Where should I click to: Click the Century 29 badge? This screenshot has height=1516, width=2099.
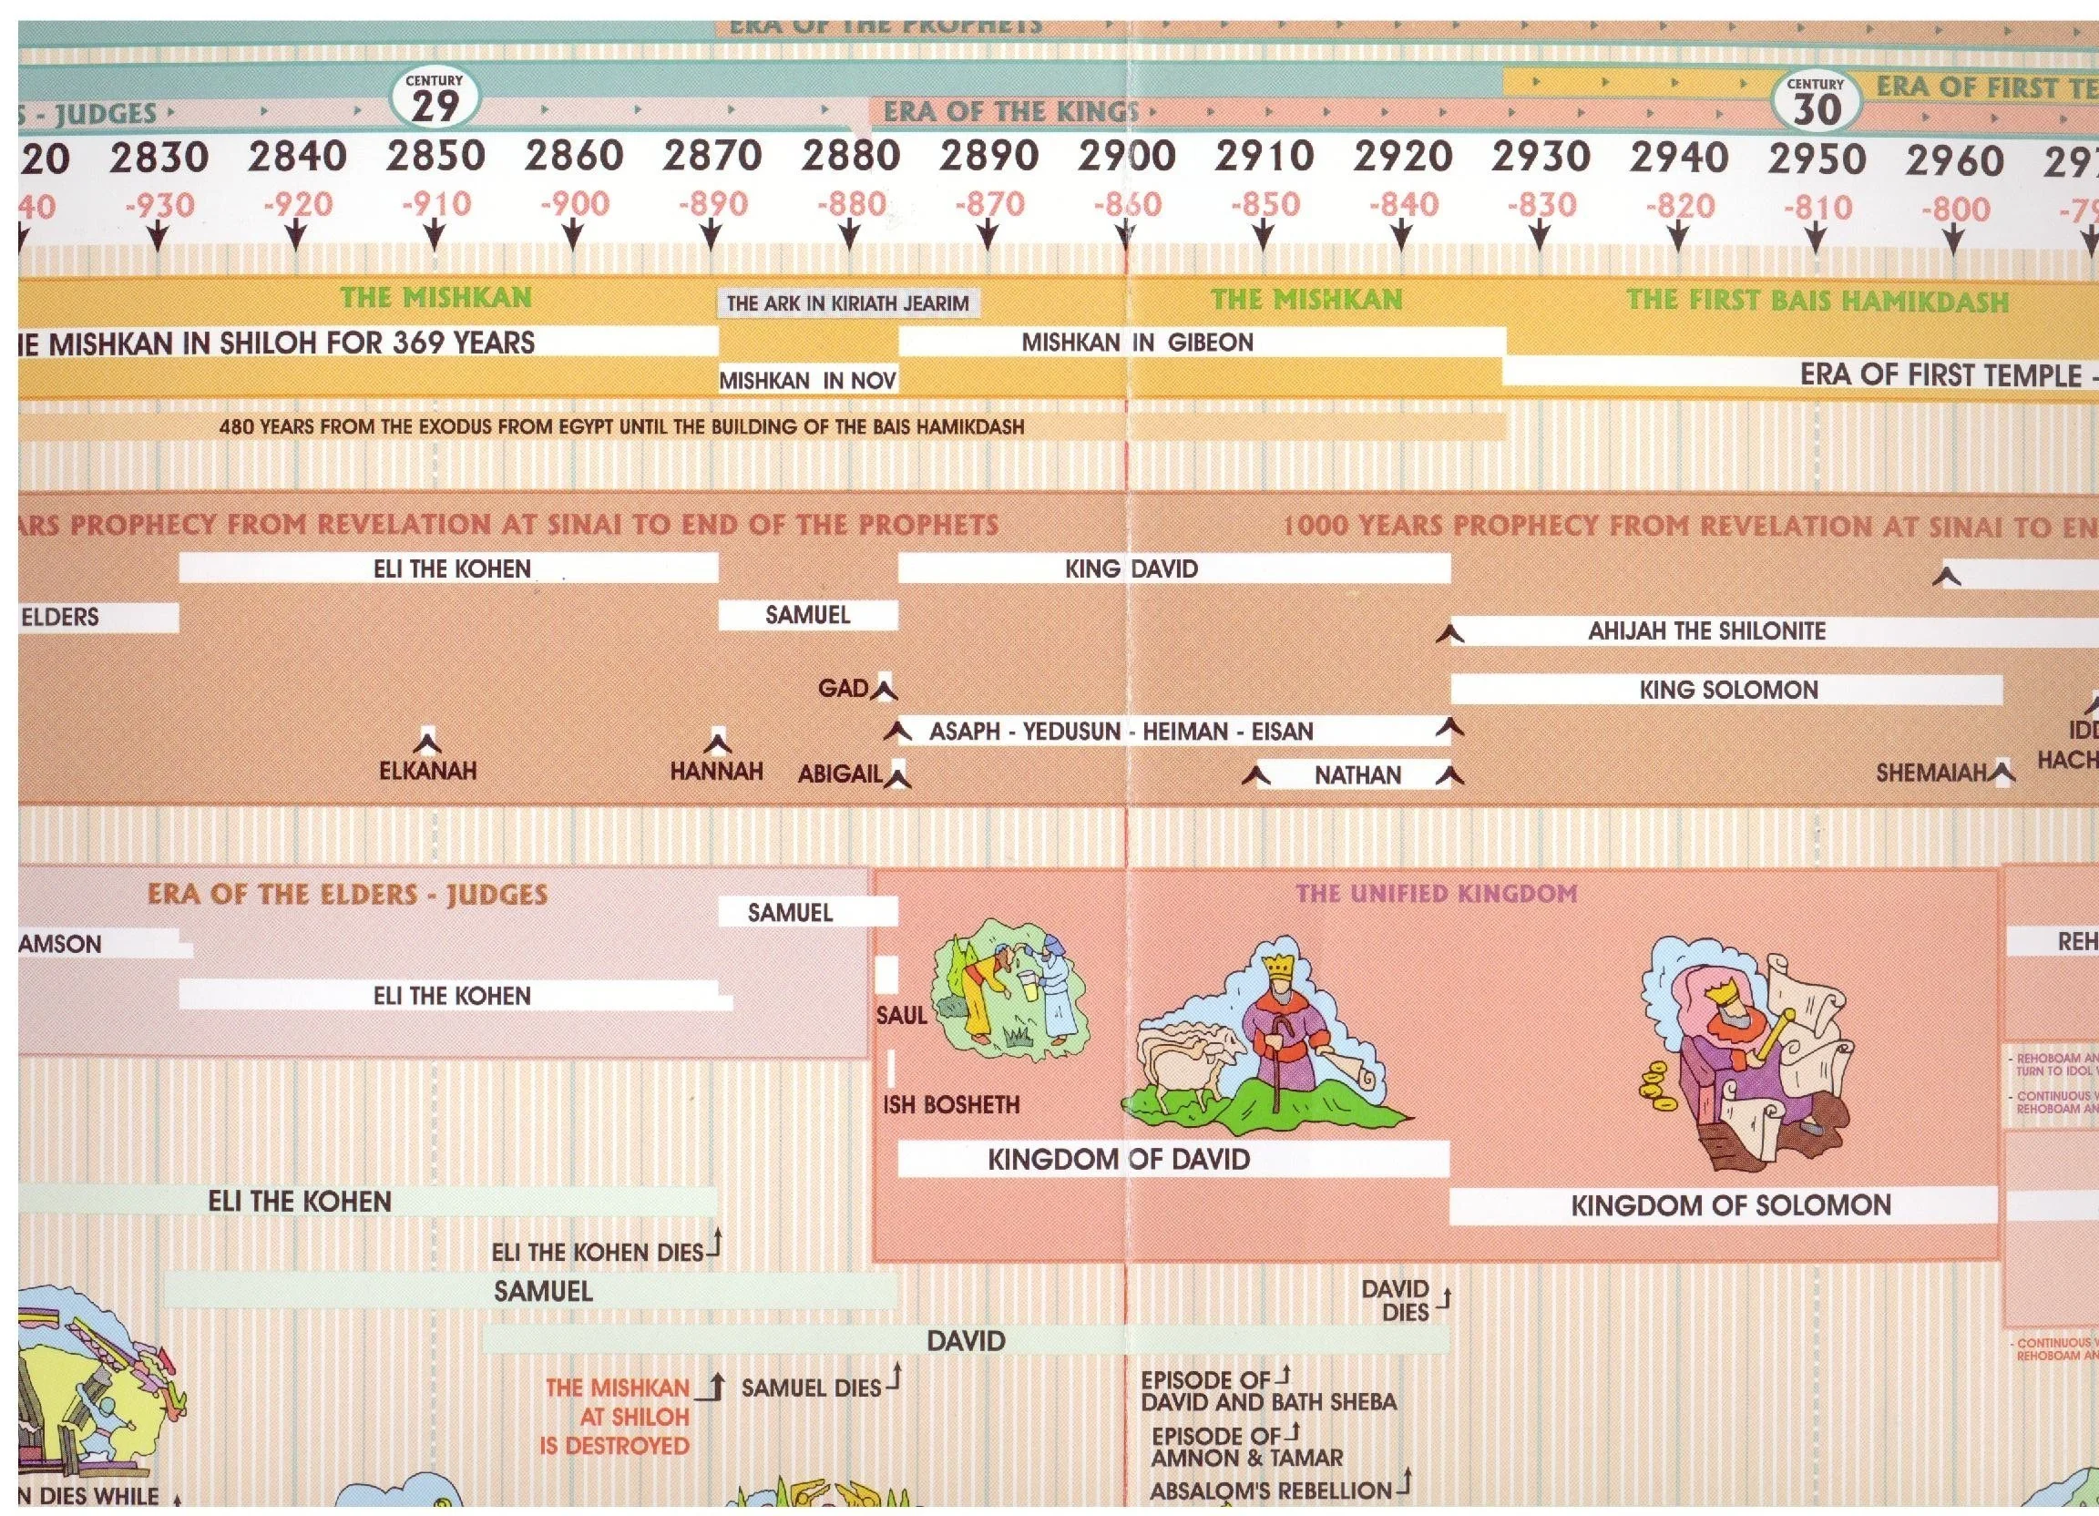(434, 99)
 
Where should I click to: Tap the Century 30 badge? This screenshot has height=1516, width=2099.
(1816, 103)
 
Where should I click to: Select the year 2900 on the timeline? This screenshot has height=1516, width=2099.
(1125, 158)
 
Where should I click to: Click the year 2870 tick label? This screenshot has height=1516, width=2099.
(712, 157)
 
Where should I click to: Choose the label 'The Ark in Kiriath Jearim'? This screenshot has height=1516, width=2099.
(847, 302)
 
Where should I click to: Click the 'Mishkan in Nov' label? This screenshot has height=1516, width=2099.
(808, 380)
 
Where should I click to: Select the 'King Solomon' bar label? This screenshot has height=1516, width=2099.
(1728, 690)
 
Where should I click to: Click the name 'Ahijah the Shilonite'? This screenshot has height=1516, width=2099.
(1706, 631)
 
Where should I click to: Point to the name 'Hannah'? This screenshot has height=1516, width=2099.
(716, 771)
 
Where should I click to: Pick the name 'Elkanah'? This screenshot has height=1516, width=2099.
(427, 770)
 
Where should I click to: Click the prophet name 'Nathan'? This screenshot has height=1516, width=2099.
(1357, 774)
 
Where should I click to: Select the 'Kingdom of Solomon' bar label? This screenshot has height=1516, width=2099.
(1730, 1205)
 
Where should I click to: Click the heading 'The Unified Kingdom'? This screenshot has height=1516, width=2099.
(1436, 893)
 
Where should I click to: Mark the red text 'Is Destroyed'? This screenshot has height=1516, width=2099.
(615, 1446)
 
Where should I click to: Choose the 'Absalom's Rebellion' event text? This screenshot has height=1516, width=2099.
(1271, 1491)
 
